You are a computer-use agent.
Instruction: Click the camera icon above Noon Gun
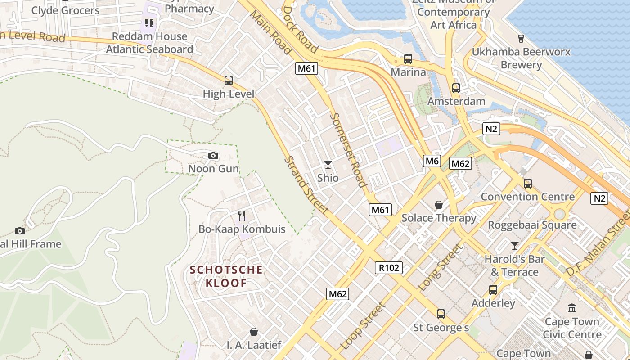click(x=213, y=156)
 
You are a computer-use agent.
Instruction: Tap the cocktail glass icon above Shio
click(x=328, y=165)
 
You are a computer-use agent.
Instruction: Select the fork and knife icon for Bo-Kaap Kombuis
click(x=242, y=216)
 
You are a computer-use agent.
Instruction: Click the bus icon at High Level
click(x=229, y=81)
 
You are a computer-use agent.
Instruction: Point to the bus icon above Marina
click(x=408, y=59)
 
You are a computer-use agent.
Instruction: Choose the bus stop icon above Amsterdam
click(x=456, y=88)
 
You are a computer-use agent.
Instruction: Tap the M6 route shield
click(x=432, y=161)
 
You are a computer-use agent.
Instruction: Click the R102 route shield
click(x=389, y=268)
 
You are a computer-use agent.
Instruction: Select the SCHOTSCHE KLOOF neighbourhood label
click(x=226, y=276)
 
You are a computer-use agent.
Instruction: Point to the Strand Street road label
click(x=306, y=184)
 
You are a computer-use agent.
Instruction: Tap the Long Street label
click(x=440, y=267)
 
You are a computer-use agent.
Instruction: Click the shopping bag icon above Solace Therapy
click(x=439, y=205)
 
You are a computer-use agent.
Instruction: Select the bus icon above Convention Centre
click(x=528, y=184)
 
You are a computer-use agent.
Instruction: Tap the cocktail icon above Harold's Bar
click(x=515, y=246)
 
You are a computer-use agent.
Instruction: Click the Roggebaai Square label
click(x=532, y=225)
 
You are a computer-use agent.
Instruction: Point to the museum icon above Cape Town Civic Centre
click(x=572, y=308)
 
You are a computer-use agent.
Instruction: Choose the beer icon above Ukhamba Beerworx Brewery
click(x=521, y=38)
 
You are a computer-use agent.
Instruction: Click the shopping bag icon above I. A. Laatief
click(x=254, y=332)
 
